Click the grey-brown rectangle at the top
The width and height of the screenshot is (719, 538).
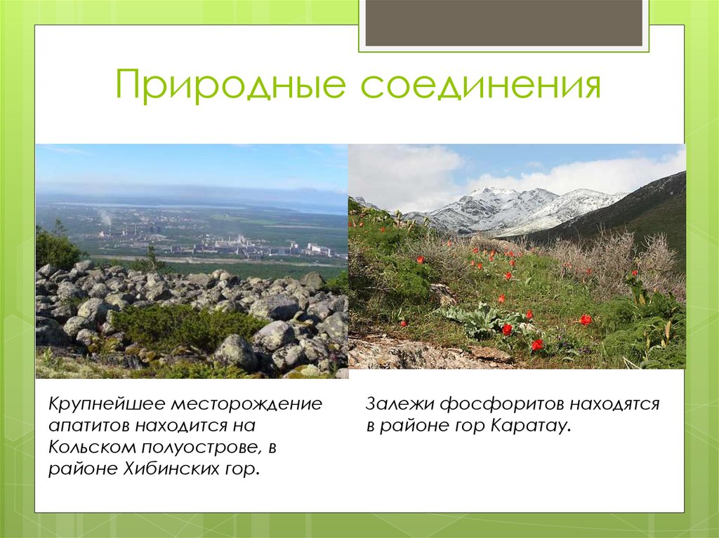pos(503,22)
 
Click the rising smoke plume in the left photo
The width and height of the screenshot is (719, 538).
pos(105,217)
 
